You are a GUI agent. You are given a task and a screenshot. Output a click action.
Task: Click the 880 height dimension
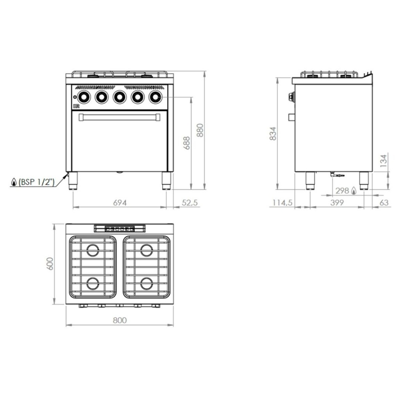200,130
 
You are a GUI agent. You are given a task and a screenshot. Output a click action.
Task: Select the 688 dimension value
187,143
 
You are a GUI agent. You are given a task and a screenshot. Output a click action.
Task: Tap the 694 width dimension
120,203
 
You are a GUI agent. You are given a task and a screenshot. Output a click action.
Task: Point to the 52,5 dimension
190,203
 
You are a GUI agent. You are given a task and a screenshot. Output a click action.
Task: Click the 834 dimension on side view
273,134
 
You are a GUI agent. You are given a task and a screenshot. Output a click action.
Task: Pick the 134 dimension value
384,161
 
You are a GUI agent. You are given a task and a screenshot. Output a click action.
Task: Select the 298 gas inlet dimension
342,191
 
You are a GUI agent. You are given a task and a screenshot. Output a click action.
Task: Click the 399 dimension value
337,203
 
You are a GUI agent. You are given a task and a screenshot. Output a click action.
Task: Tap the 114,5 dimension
282,203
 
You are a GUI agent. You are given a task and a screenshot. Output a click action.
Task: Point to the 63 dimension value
384,203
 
